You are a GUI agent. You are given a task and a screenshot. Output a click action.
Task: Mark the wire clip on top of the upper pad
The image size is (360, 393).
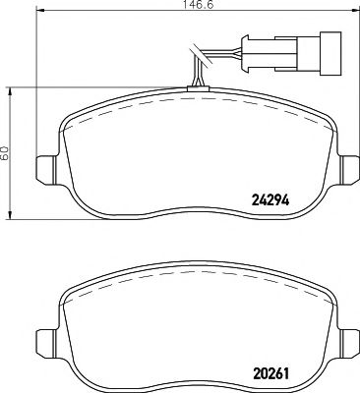198,89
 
